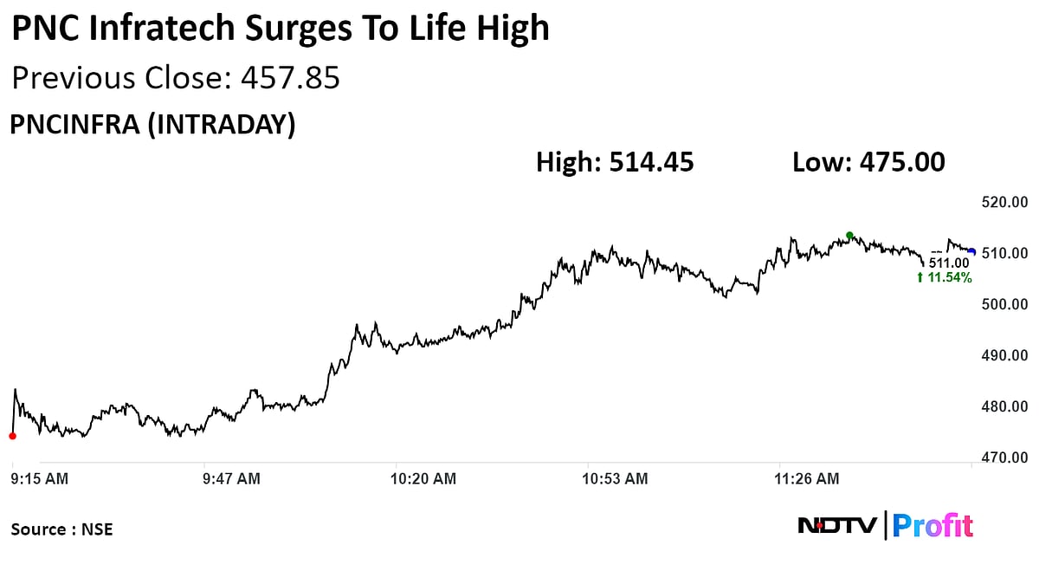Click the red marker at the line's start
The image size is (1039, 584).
[x=12, y=436]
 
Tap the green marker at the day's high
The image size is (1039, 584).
[x=849, y=236]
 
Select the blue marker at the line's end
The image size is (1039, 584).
[x=972, y=252]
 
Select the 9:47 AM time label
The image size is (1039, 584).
[x=230, y=478]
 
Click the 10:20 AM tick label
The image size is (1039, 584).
[x=423, y=478]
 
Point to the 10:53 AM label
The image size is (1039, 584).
[x=615, y=478]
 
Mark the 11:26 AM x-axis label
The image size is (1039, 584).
[x=807, y=478]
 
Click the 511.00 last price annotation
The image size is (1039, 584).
[x=950, y=263]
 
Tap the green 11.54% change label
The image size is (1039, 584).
[x=944, y=278]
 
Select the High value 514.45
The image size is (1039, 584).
[x=651, y=162]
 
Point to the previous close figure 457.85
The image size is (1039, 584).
[x=290, y=79]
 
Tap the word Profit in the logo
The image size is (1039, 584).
[x=933, y=526]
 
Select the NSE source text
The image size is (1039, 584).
[x=98, y=529]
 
